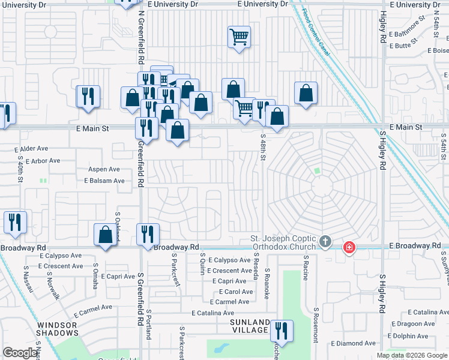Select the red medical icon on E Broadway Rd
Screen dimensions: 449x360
pos(349,247)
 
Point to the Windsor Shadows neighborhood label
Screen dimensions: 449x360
pos(58,329)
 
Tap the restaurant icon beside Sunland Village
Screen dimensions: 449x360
pos(280,331)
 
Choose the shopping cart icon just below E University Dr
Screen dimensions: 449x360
pos(239,37)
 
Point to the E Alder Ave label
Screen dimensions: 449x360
pos(31,148)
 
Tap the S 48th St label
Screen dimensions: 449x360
pos(263,148)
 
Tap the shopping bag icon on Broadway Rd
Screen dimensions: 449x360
pos(105,234)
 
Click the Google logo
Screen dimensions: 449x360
pos(20,353)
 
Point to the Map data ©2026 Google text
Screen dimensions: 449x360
pos(411,355)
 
